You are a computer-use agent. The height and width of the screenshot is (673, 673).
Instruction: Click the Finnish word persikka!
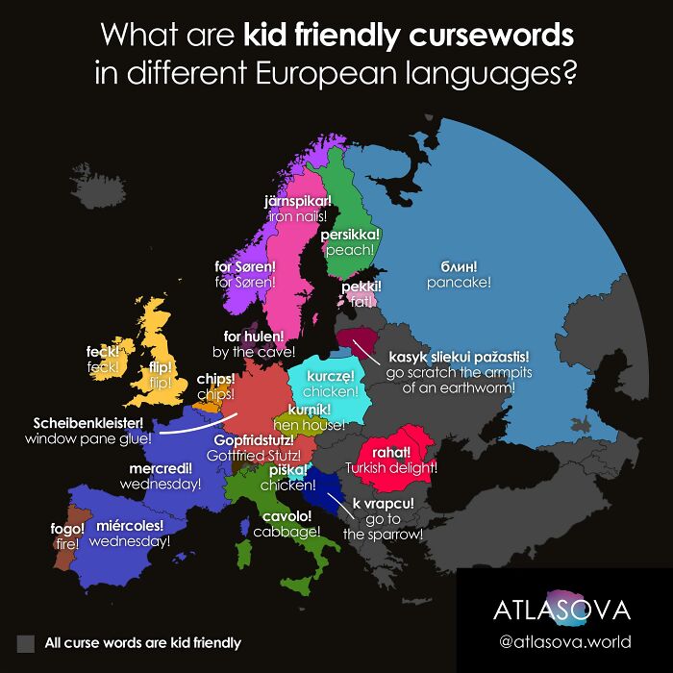(x=351, y=234)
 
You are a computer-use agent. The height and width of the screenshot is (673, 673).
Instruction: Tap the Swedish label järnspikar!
(x=297, y=201)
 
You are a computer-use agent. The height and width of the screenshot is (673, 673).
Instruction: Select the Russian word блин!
(x=459, y=265)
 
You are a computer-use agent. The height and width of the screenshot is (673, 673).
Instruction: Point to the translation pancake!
(x=459, y=283)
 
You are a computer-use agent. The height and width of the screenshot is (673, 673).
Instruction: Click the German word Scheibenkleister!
(x=87, y=422)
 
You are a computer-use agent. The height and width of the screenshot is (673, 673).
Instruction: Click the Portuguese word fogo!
(x=68, y=528)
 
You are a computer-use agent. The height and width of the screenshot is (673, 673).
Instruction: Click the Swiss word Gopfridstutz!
(x=254, y=439)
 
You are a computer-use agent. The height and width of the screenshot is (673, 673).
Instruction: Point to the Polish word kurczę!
(x=331, y=376)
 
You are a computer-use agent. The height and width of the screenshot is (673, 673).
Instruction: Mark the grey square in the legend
(x=26, y=642)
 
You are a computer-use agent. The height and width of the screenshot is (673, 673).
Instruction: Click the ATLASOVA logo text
(x=561, y=610)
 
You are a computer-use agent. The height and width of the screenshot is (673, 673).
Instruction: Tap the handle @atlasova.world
(x=564, y=641)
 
